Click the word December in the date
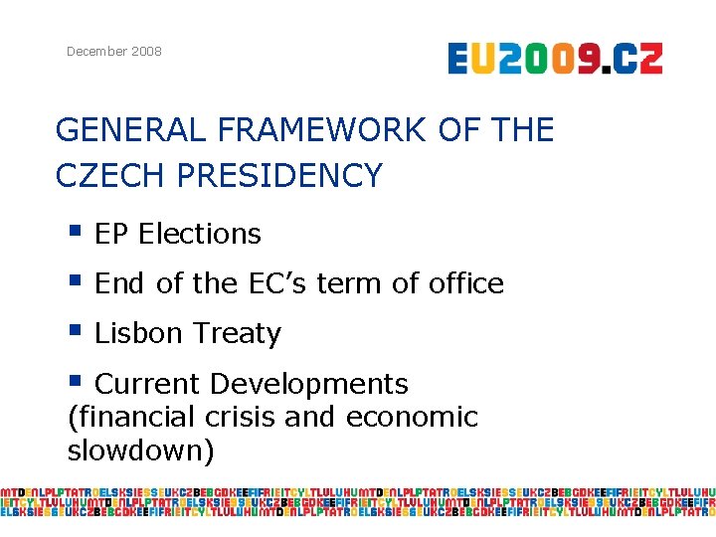tap(94, 51)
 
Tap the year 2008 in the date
tap(144, 51)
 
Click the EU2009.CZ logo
tap(554, 59)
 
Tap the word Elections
tap(200, 234)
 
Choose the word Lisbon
tap(138, 333)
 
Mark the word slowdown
tap(140, 450)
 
